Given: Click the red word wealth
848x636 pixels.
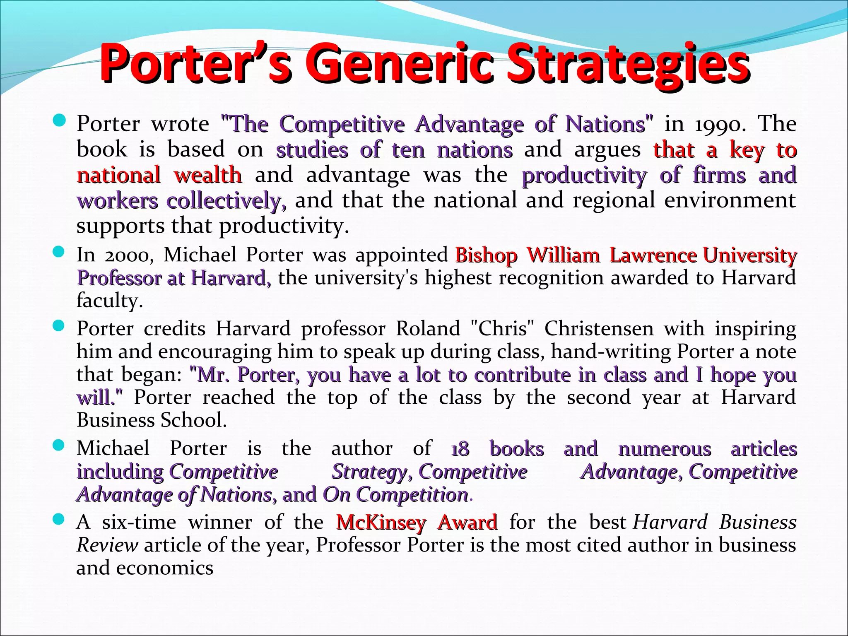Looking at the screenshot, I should (x=208, y=175).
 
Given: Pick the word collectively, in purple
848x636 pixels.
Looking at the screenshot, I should (x=226, y=201).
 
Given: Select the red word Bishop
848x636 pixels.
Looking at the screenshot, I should (x=486, y=255).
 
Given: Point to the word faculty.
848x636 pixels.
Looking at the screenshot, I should (x=109, y=301).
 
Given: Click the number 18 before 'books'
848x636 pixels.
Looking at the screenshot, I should (x=460, y=449).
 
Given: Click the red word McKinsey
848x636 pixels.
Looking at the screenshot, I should (x=381, y=522).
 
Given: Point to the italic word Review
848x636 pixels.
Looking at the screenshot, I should (x=107, y=545).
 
